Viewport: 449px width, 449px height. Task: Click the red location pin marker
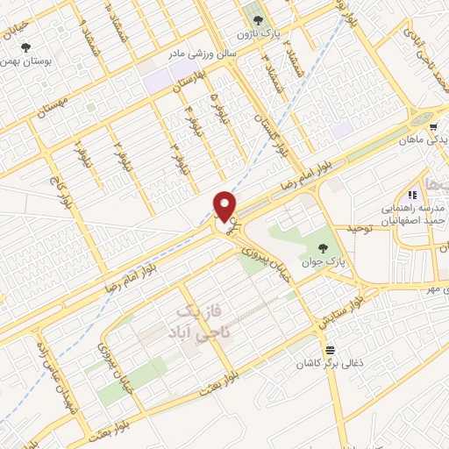pos(225,206)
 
